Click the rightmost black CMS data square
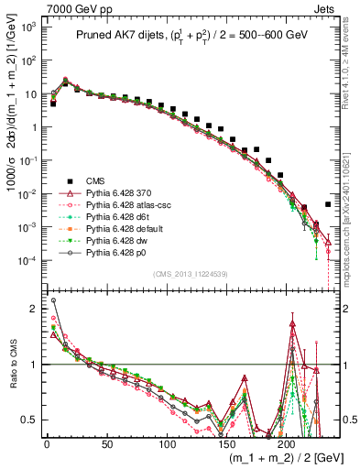pyautogui.click(x=328, y=204)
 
